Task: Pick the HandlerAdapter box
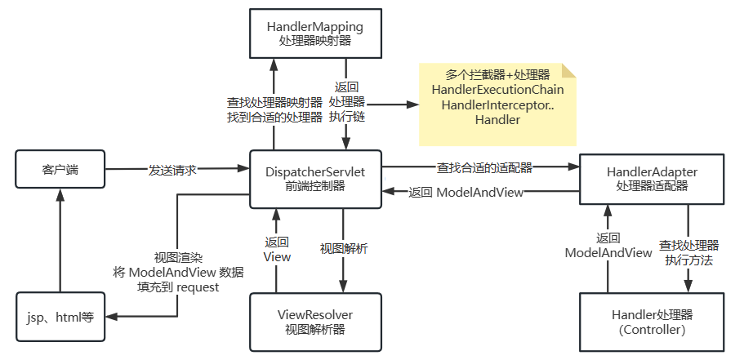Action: (x=652, y=179)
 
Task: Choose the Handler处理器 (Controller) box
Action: (x=652, y=322)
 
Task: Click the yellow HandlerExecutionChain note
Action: (x=497, y=104)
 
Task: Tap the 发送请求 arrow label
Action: (x=173, y=170)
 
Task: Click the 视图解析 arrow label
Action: (x=344, y=247)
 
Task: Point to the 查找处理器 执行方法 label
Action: (x=688, y=253)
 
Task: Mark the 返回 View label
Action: (x=277, y=249)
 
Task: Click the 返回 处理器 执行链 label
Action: (x=346, y=102)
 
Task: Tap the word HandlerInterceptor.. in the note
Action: (x=497, y=104)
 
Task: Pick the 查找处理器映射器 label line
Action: (x=274, y=103)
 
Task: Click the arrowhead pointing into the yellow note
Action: (x=412, y=104)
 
